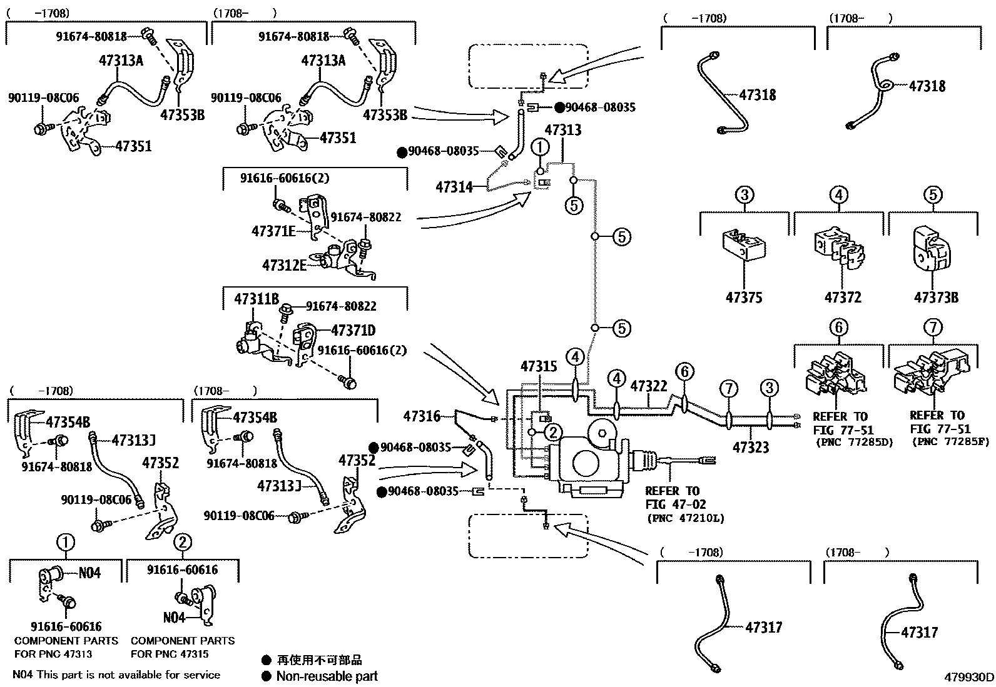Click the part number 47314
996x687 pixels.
(x=454, y=187)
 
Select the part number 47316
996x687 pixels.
(x=422, y=416)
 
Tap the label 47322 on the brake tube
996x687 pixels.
(x=649, y=386)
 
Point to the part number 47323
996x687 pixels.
(x=751, y=447)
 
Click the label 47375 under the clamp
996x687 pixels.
(x=744, y=298)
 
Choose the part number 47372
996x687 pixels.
(x=843, y=298)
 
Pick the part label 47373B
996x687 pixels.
(x=936, y=298)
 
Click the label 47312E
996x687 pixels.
(x=284, y=265)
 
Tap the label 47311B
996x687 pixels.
(x=257, y=299)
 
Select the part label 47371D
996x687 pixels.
(x=353, y=330)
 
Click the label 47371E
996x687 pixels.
(x=273, y=231)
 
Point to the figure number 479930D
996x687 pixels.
(x=968, y=677)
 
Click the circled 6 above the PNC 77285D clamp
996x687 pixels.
(x=839, y=328)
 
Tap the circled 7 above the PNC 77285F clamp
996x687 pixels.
(x=933, y=328)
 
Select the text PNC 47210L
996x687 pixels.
(x=686, y=518)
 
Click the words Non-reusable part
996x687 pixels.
(x=327, y=676)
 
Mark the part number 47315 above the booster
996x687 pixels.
(x=539, y=366)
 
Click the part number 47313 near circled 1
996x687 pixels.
(x=563, y=130)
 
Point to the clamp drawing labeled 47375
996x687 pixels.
(x=743, y=245)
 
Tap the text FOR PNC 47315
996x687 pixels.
(x=170, y=654)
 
